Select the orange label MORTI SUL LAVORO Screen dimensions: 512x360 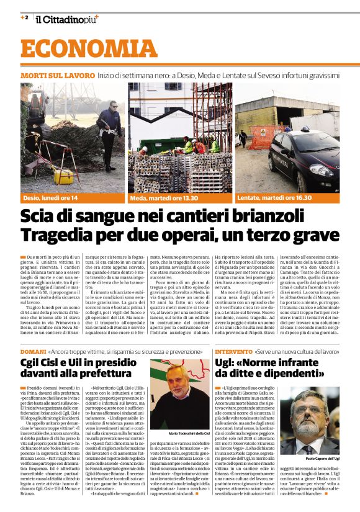click(58, 75)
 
